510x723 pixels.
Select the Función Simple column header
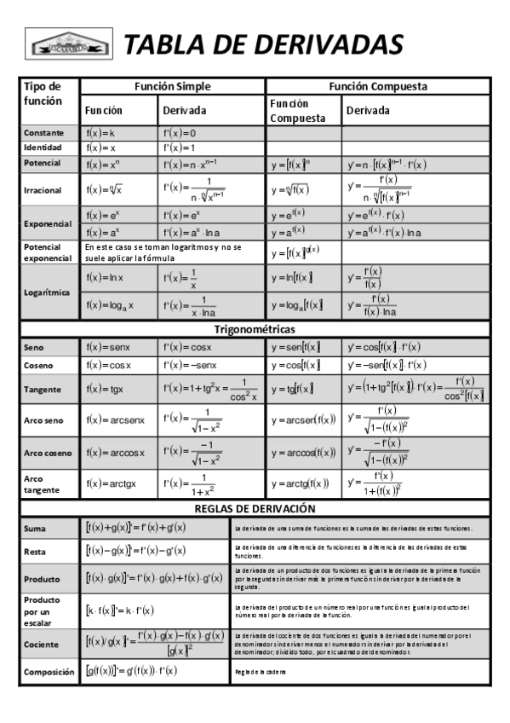point(173,86)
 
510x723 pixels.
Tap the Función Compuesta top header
point(378,86)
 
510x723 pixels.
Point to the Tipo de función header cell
point(43,93)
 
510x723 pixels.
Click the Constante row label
point(44,133)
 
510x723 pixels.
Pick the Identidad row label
point(43,147)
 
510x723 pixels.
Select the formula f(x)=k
point(100,133)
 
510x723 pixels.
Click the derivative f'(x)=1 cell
point(180,147)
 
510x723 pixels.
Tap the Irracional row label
point(43,190)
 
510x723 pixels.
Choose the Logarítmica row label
point(47,292)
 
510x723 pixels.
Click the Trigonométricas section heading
point(255,329)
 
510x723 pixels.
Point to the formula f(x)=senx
point(107,348)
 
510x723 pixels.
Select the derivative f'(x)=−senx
point(189,365)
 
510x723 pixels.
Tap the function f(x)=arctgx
point(111,483)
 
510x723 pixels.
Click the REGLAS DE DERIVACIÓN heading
point(255,508)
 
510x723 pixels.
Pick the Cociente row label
point(42,642)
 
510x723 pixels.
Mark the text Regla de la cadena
point(261,672)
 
